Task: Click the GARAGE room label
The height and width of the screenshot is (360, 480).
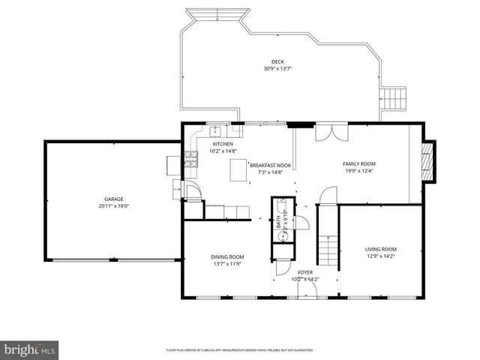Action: (x=114, y=199)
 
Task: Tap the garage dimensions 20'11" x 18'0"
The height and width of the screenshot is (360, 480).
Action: (x=114, y=205)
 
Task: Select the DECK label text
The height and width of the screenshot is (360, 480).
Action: (x=277, y=62)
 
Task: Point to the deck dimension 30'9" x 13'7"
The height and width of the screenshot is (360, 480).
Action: (x=277, y=69)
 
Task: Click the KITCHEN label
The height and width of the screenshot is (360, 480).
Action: (x=223, y=144)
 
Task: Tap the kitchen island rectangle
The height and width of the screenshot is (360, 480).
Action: (x=238, y=169)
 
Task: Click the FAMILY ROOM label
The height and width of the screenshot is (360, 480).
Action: (x=359, y=163)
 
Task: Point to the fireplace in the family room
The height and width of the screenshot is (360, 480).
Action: (x=428, y=160)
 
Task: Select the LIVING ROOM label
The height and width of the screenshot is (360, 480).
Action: (x=380, y=249)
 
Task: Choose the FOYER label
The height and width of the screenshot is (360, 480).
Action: (x=304, y=272)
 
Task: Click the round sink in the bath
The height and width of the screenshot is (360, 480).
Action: (x=283, y=235)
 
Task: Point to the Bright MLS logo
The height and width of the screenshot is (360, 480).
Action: (x=30, y=349)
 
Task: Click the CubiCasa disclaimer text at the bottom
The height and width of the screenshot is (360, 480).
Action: (x=240, y=350)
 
